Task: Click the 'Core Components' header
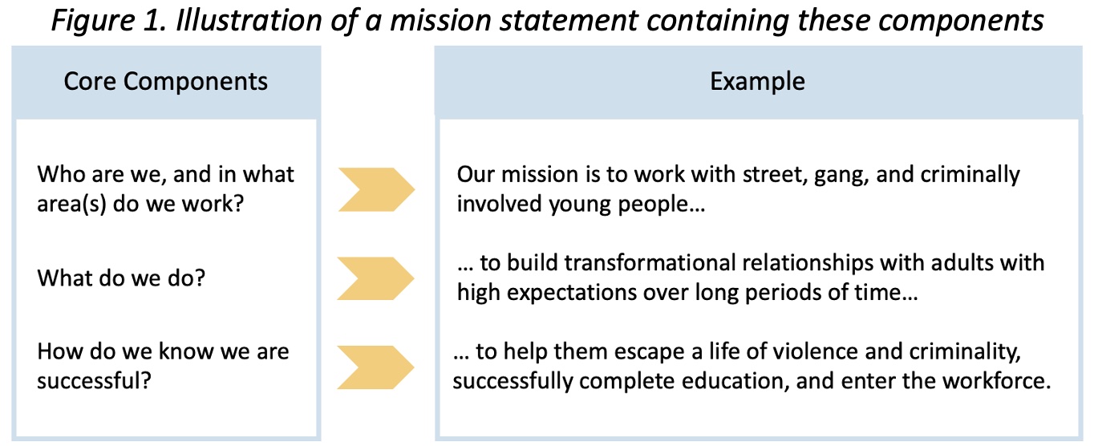[165, 82]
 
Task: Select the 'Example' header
[757, 82]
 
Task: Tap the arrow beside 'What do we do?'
[375, 278]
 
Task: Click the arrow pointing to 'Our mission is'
[376, 189]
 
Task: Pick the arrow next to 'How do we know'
[375, 367]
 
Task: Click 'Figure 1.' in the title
[109, 21]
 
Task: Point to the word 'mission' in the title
[440, 21]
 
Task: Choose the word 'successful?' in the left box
[95, 381]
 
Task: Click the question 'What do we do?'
[121, 278]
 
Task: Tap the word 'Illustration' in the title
[249, 21]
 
